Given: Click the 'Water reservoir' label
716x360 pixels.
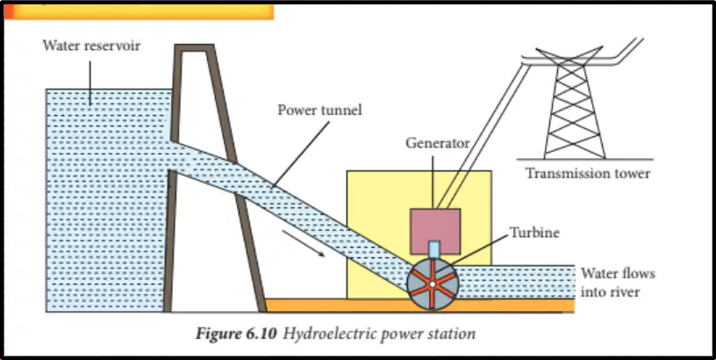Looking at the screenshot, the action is [x=91, y=46].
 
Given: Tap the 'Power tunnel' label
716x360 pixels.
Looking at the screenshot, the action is [x=319, y=110].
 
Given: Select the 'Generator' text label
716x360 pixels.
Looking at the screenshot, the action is [x=438, y=143].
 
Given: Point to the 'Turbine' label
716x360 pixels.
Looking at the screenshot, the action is [x=534, y=233].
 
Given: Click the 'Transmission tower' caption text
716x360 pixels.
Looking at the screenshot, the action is [x=588, y=174].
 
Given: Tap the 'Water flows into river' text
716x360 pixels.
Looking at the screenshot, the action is [x=618, y=283].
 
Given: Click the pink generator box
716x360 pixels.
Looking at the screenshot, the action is [x=435, y=231].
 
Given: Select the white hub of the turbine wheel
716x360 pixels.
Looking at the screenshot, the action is [x=432, y=284].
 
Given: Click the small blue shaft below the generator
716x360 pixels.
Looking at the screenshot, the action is [x=434, y=249].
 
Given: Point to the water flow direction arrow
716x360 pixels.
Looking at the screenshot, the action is [x=304, y=243].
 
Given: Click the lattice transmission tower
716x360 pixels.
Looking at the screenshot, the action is [x=575, y=103].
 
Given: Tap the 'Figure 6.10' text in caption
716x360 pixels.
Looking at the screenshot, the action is [x=236, y=334].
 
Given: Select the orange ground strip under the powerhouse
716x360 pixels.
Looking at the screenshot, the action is [x=420, y=306].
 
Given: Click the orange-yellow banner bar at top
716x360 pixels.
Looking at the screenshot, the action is [x=139, y=12].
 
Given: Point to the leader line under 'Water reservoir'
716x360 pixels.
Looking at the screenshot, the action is [x=90, y=83].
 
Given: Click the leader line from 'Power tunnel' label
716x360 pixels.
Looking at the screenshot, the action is [x=301, y=155].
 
